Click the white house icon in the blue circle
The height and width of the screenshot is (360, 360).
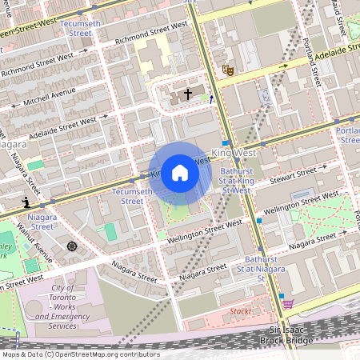pyautogui.click(x=180, y=173)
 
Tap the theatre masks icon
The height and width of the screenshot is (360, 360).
pyautogui.click(x=227, y=70)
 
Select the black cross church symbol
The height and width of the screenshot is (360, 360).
pyautogui.click(x=188, y=94)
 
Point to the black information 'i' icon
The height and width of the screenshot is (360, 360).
pyautogui.click(x=27, y=202)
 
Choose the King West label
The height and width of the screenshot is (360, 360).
pyautogui.click(x=233, y=151)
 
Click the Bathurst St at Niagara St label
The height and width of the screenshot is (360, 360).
pyautogui.click(x=261, y=268)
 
